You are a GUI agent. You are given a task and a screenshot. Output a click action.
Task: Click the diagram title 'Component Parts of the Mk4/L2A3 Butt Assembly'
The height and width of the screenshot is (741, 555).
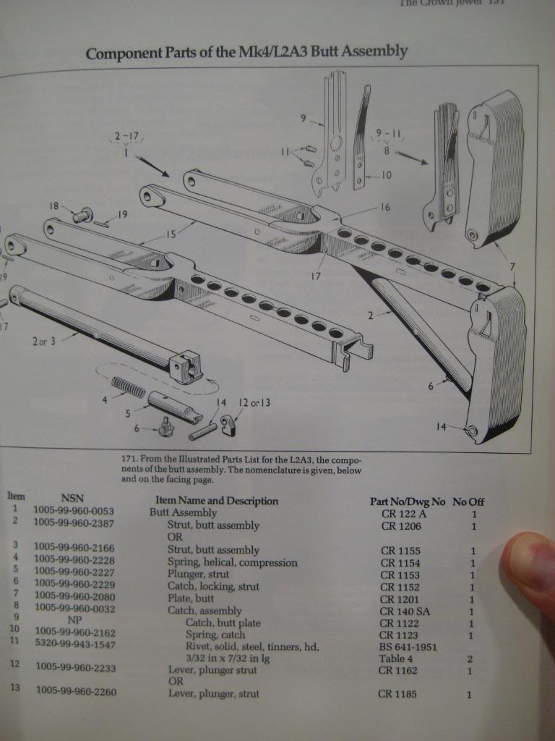246,52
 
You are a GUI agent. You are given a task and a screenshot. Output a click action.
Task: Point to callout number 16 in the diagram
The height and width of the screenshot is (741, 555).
384,208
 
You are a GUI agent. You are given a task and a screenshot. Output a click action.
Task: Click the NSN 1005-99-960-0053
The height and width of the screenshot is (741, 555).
74,511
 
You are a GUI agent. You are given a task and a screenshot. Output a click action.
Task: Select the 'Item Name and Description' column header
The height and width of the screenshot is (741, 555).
217,501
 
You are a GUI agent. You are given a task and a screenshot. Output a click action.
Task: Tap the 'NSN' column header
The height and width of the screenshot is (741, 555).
72,498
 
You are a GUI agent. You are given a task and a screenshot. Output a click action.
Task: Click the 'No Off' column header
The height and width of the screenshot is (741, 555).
468,501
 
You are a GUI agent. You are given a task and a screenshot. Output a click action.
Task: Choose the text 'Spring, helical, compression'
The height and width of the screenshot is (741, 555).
232,562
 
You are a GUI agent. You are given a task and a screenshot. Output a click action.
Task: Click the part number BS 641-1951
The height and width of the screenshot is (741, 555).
409,647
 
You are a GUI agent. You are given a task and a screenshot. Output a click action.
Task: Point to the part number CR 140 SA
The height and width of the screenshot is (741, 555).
405,611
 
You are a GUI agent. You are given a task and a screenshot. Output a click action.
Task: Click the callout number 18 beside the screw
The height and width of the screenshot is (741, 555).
53,207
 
